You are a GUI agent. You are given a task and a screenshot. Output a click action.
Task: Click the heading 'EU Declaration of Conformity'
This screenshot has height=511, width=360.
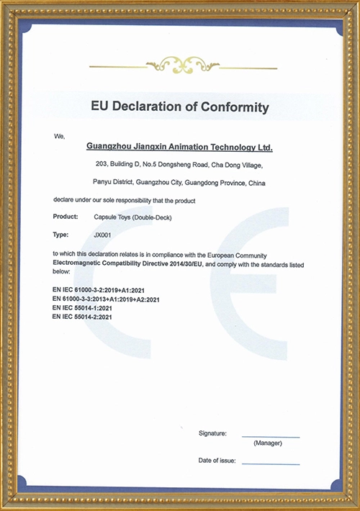(x=179, y=108)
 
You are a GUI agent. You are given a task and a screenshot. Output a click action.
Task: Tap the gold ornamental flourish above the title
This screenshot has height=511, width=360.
(x=180, y=64)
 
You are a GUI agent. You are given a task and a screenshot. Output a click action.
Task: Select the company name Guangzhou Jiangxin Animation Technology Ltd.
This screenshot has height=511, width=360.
(x=179, y=147)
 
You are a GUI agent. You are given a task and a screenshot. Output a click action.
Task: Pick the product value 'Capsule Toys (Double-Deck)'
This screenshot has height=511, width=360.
(x=133, y=217)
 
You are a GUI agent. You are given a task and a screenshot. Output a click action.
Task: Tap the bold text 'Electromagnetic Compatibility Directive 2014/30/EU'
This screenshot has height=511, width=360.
(x=127, y=265)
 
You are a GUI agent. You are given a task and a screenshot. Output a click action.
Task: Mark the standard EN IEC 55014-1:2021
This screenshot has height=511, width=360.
(x=87, y=308)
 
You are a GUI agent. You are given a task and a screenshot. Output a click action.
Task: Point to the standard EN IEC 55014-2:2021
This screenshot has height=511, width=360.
(x=87, y=317)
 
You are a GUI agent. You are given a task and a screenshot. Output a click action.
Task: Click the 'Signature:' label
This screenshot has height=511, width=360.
(x=212, y=433)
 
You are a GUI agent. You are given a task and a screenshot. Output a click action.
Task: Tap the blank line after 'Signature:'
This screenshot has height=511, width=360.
(x=271, y=436)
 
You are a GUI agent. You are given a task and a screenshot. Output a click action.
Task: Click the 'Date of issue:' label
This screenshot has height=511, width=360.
(x=217, y=460)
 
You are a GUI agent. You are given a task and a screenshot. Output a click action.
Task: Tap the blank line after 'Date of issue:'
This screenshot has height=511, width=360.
(x=271, y=463)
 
